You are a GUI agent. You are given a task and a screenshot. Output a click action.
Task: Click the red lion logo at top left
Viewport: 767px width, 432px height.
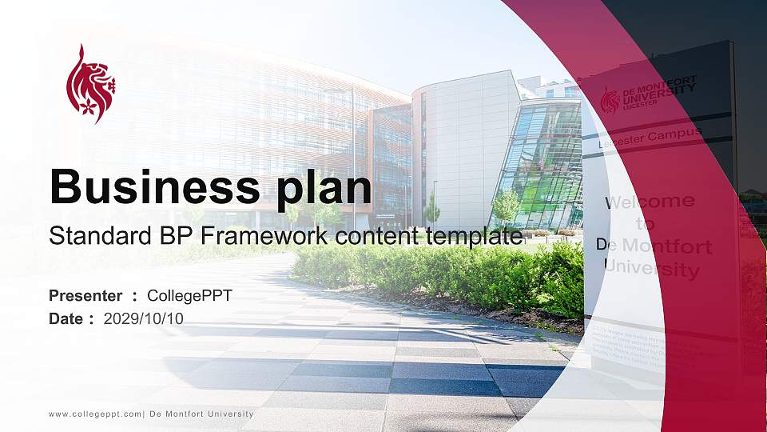(90, 84)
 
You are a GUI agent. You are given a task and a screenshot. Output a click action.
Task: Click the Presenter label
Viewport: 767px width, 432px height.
(85, 296)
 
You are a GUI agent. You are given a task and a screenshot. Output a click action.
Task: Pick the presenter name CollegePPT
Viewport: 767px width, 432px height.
(190, 296)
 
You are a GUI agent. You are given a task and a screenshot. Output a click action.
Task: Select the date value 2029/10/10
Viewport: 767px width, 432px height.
(144, 319)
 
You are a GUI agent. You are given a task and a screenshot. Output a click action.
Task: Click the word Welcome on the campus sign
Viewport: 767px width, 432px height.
(649, 201)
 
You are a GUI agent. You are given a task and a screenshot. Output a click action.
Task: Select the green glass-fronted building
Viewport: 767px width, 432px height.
(539, 164)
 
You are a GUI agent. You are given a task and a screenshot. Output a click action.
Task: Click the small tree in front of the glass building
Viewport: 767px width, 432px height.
(505, 205)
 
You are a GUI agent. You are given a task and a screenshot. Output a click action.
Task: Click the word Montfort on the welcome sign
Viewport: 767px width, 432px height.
(669, 246)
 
